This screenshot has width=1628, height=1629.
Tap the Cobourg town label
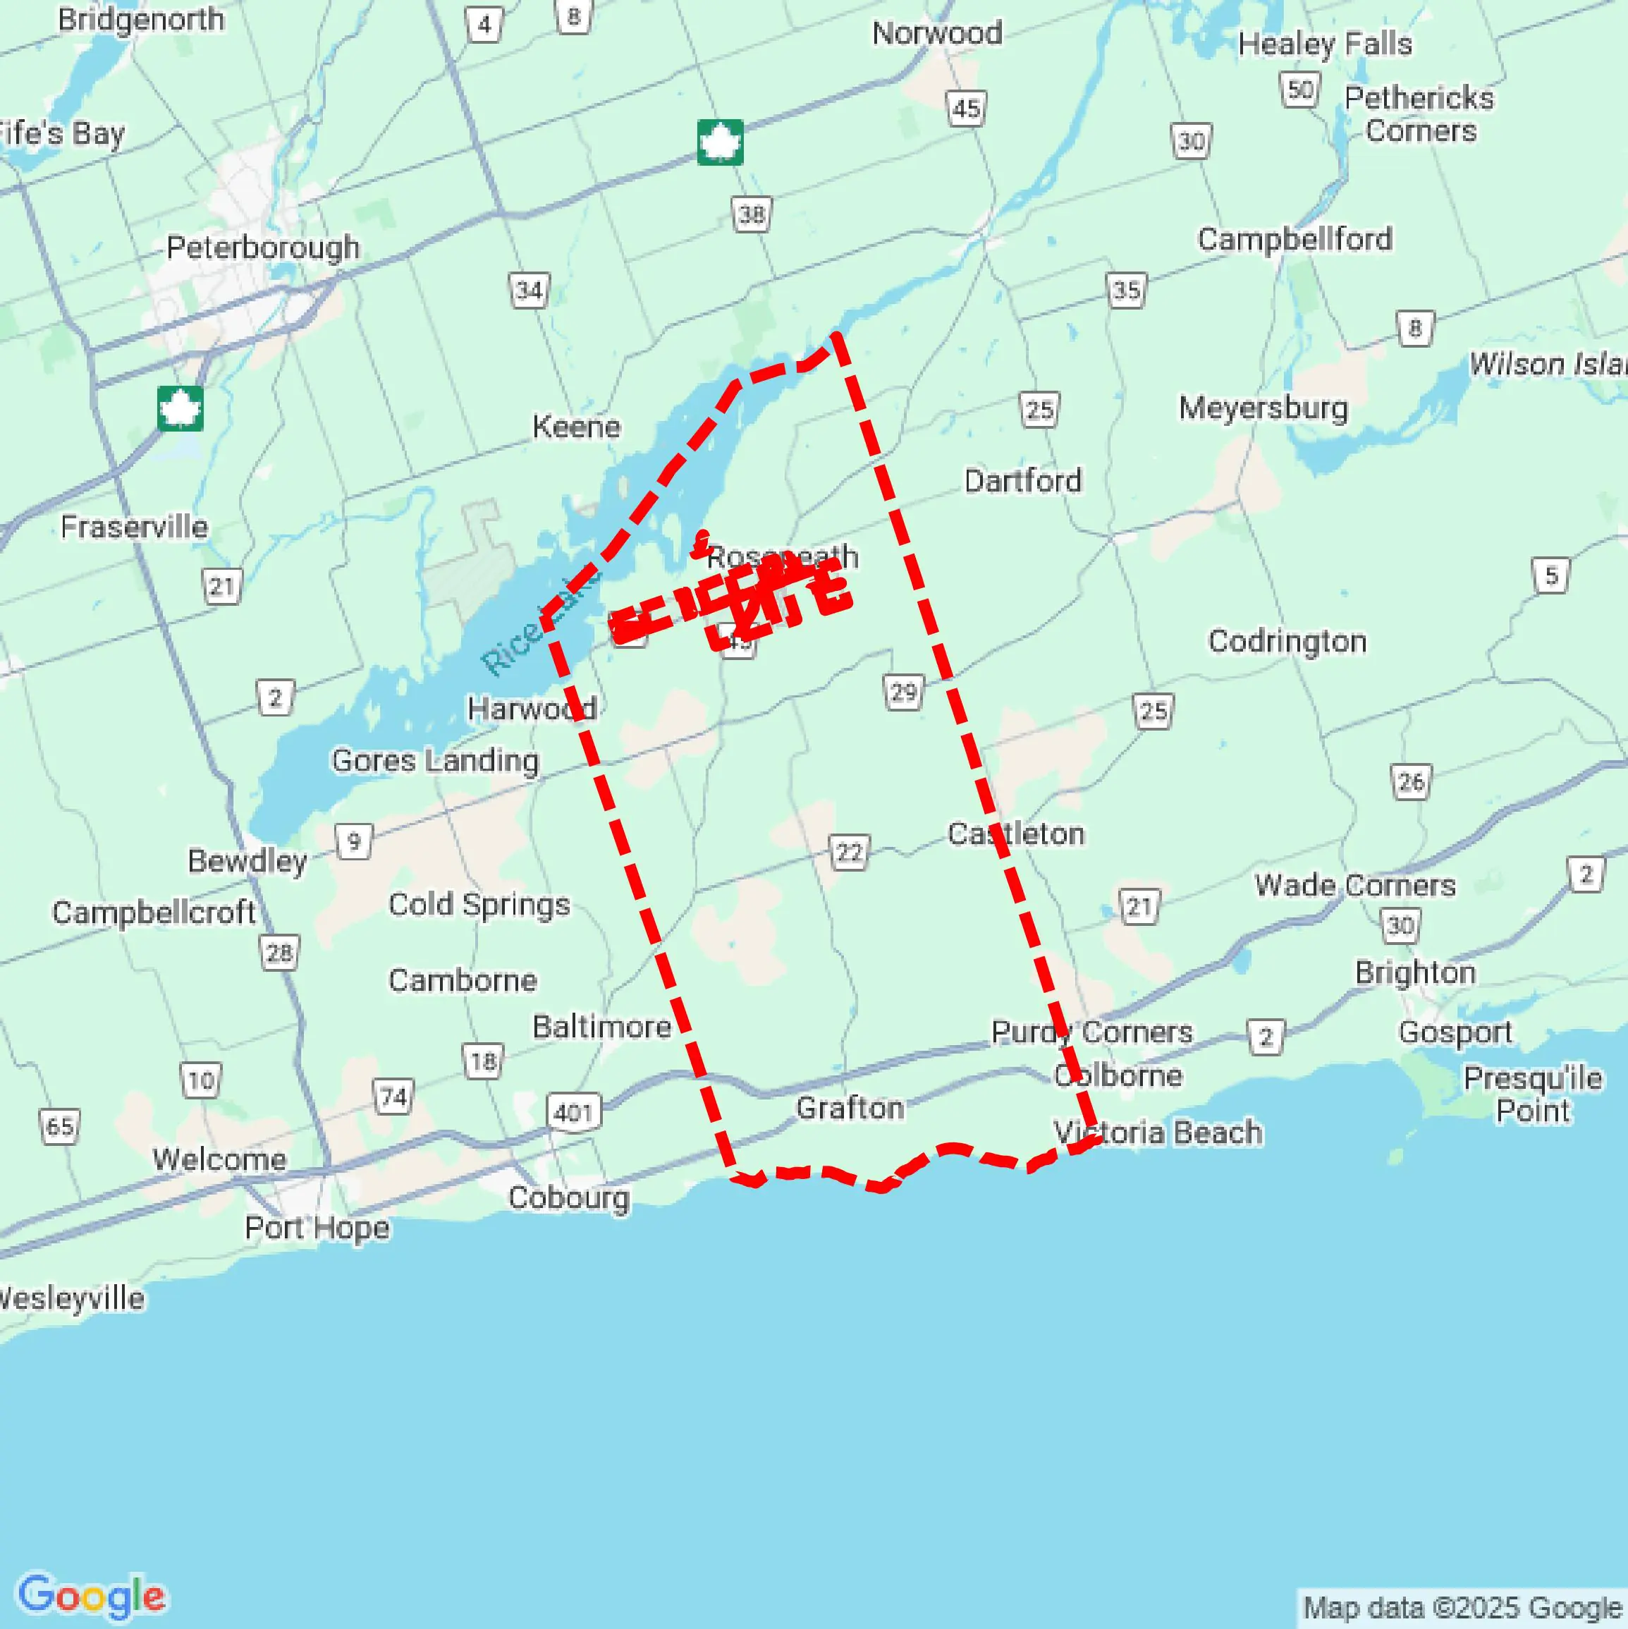click(568, 1198)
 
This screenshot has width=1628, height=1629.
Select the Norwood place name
click(936, 34)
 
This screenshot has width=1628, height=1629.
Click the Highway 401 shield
click(573, 1112)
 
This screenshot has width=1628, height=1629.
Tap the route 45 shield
click(966, 109)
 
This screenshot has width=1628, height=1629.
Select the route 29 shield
click(903, 693)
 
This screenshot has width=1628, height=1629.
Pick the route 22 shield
click(849, 853)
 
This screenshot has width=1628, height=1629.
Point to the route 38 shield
click(751, 215)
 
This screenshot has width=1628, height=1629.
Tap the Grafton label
click(850, 1108)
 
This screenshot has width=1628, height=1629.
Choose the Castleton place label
click(1016, 834)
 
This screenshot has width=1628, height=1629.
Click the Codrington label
click(1287, 642)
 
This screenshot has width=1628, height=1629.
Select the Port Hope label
click(317, 1228)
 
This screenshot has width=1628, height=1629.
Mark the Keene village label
click(576, 427)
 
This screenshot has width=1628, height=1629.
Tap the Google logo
click(91, 1595)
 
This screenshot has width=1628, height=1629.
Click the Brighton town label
click(1414, 973)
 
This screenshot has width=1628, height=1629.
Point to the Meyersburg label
click(1263, 408)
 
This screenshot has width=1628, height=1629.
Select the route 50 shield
click(1299, 90)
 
